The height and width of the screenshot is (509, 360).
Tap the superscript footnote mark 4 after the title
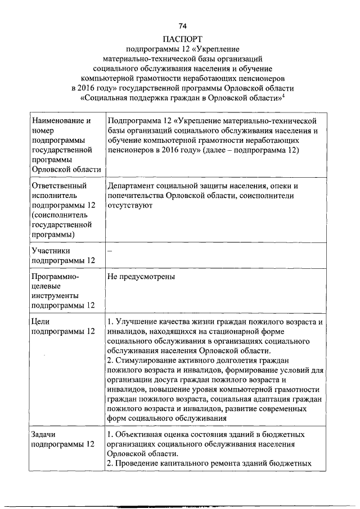click(285, 94)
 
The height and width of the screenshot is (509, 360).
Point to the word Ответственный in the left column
click(59, 185)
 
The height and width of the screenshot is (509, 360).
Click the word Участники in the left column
click(51, 251)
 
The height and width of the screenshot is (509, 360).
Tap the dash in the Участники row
click(110, 251)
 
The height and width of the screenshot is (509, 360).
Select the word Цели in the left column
click(42, 322)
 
